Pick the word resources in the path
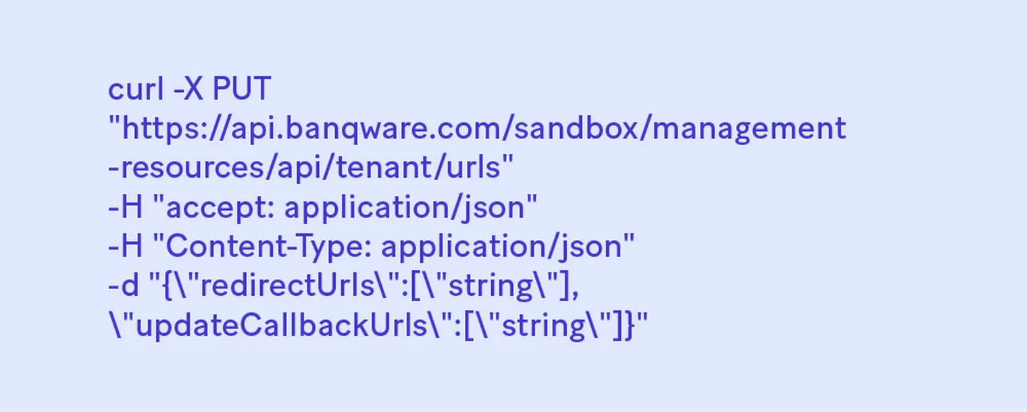193,168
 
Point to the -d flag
124,285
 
